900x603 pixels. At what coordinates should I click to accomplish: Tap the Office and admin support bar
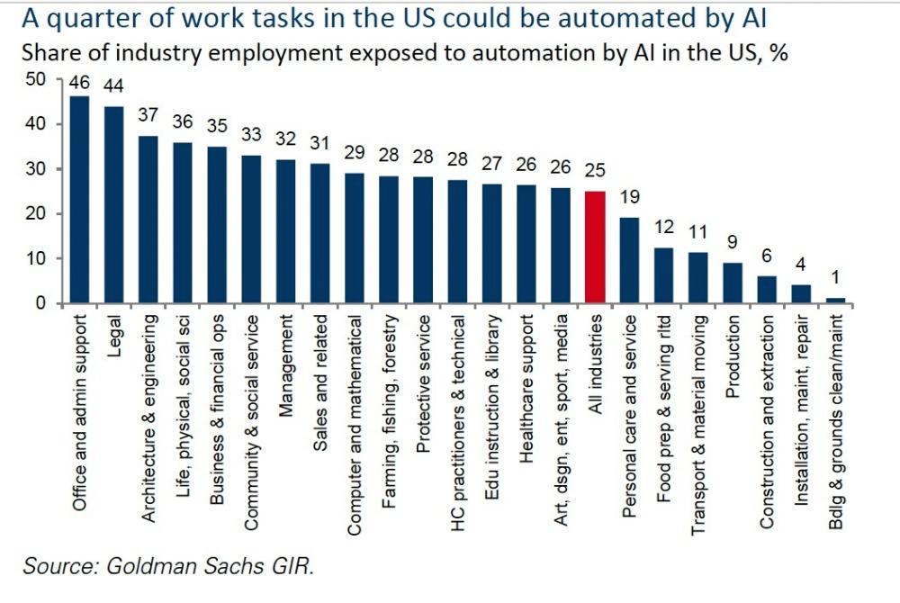click(79, 200)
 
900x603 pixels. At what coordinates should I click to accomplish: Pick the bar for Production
click(733, 283)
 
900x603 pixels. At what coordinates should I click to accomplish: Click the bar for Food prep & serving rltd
click(663, 275)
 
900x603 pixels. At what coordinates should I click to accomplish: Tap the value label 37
click(148, 115)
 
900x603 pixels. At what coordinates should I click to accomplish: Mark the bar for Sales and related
click(319, 233)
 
